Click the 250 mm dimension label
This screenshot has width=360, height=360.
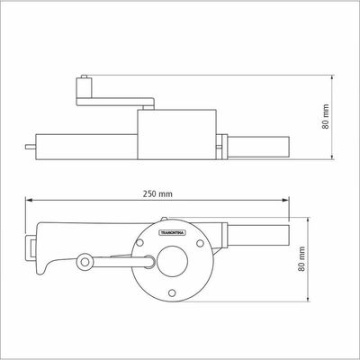click(157, 193)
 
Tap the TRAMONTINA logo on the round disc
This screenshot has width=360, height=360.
click(172, 232)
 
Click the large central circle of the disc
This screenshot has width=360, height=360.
click(172, 261)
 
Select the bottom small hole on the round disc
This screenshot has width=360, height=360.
click(172, 292)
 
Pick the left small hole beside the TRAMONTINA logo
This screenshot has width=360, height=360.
click(139, 243)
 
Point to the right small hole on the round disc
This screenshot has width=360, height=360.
click(200, 243)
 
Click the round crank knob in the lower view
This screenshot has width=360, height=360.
click(85, 262)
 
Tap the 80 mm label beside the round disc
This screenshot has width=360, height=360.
click(301, 259)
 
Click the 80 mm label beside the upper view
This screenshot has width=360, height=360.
click(326, 117)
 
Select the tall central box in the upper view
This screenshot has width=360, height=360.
click(176, 134)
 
